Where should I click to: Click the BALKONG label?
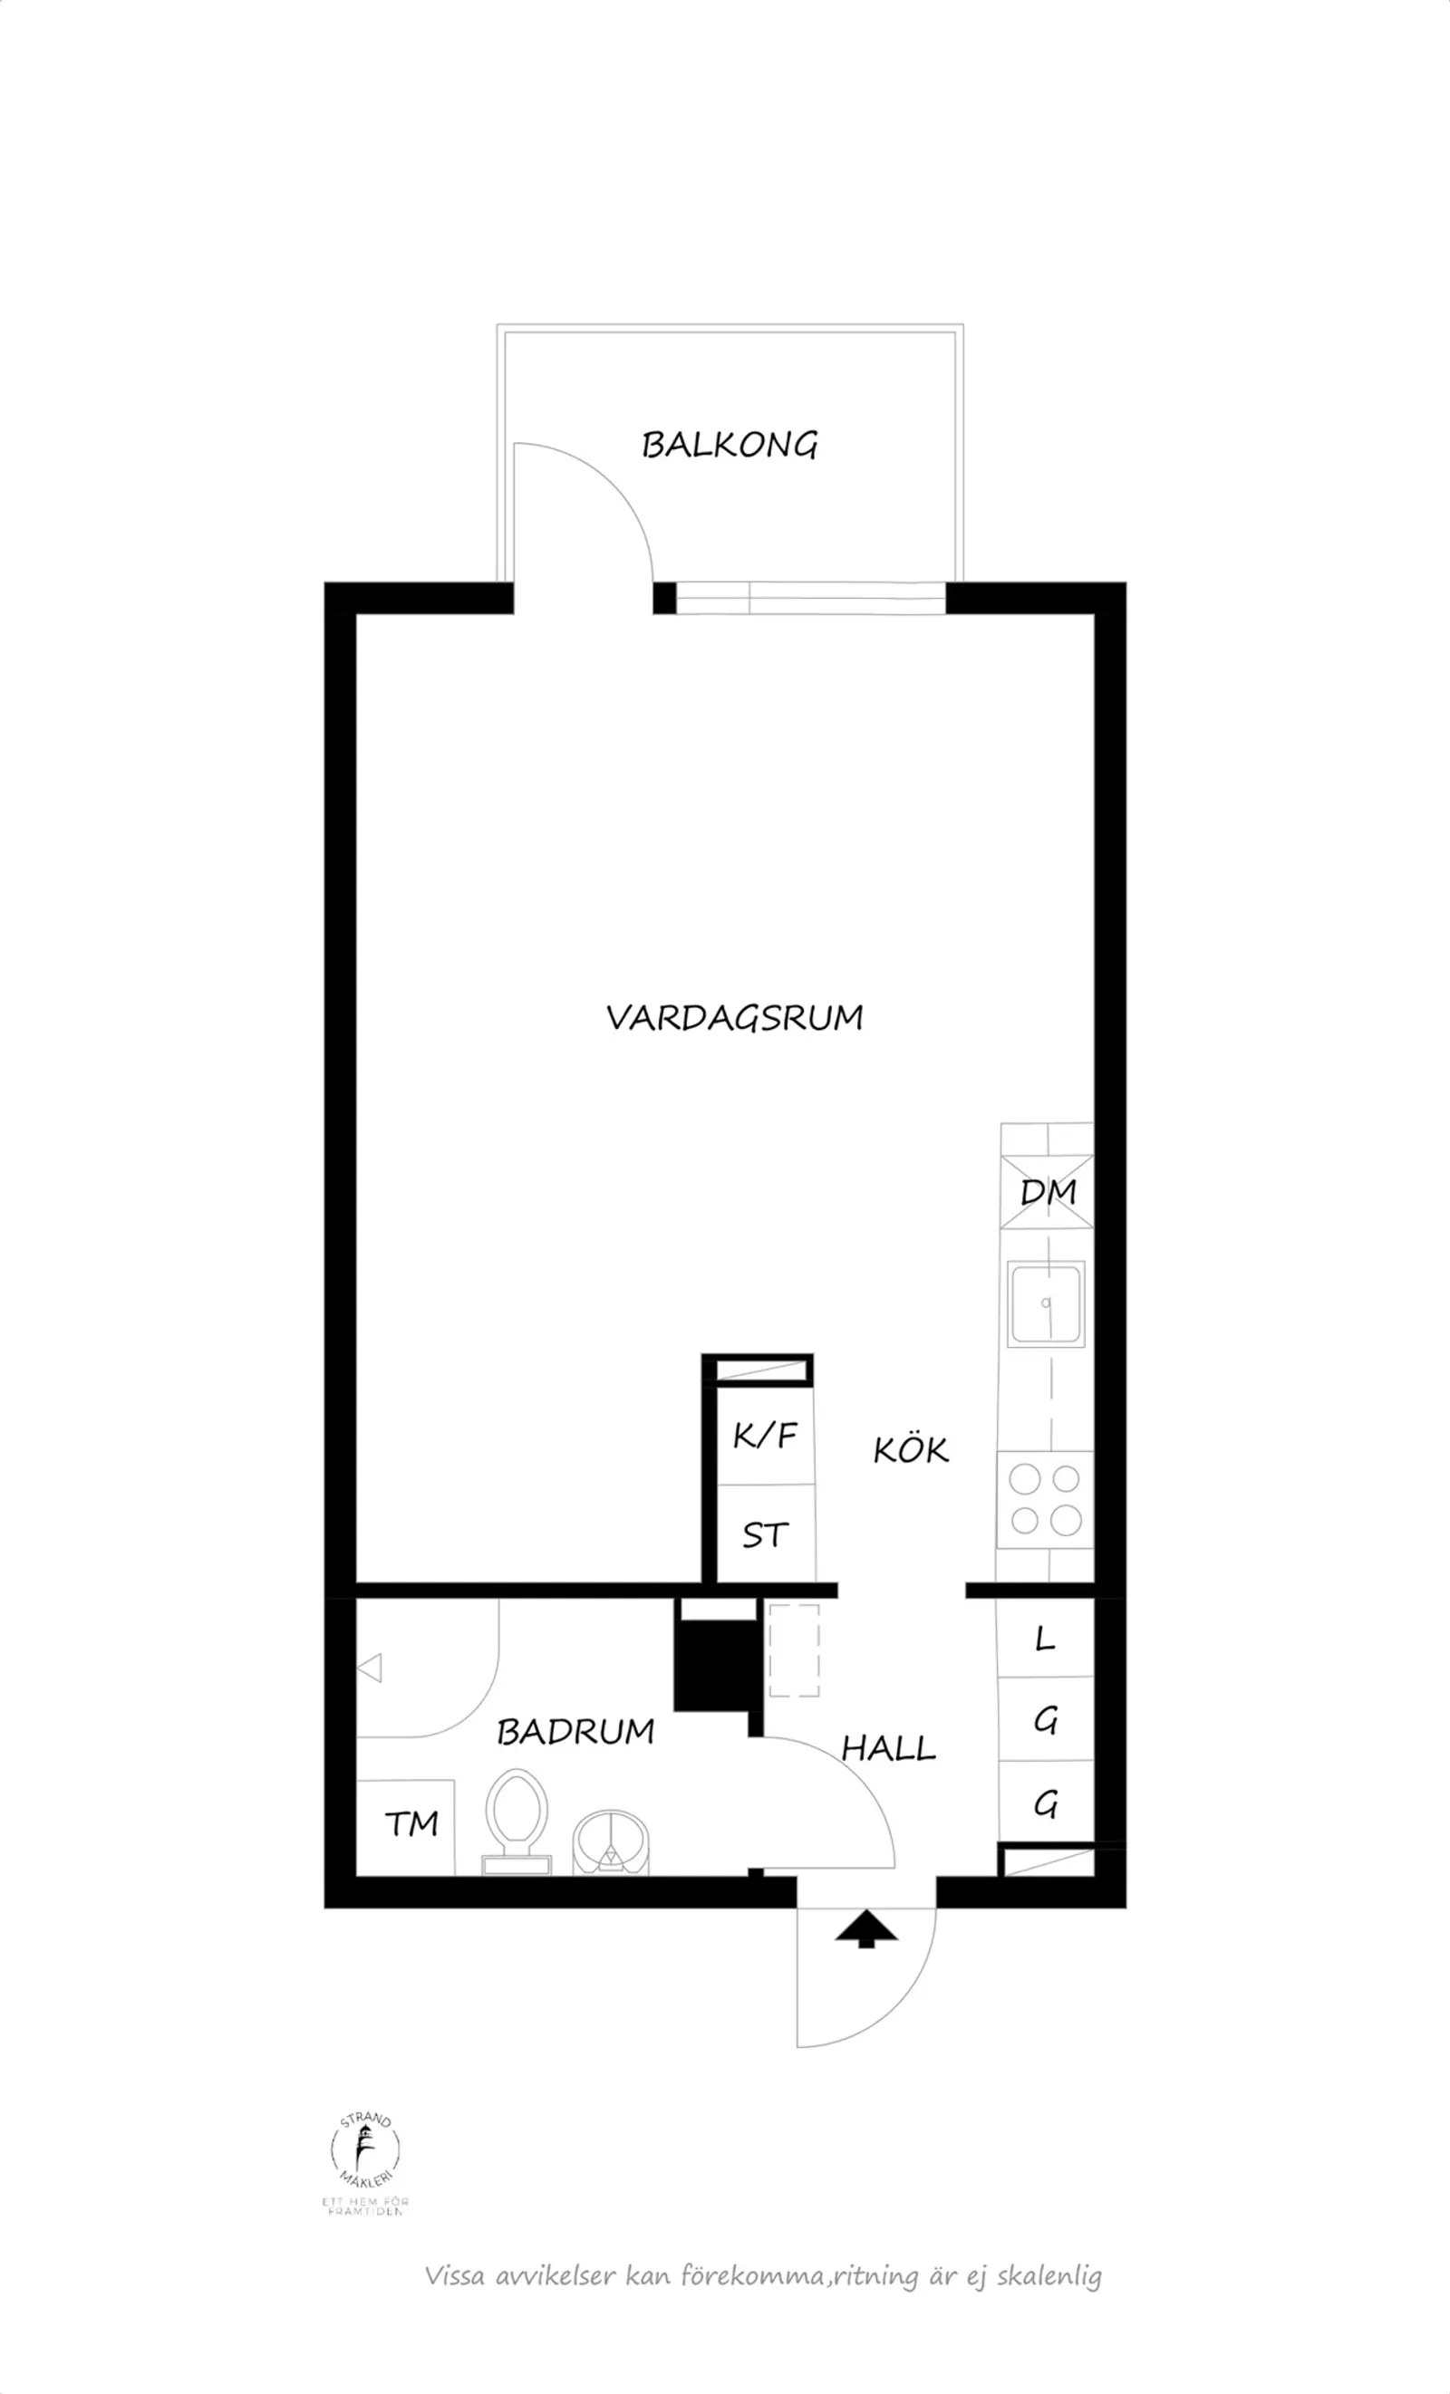point(730,445)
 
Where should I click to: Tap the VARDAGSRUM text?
point(735,1018)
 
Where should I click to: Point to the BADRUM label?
point(575,1731)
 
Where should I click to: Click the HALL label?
point(888,1749)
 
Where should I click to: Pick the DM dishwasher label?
point(1048,1192)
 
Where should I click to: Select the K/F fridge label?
point(765,1435)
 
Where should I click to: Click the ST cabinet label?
point(765,1536)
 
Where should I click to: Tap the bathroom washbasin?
point(610,1841)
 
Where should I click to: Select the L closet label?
point(1045,1639)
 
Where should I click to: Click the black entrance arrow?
point(865,1928)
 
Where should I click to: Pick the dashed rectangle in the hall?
point(794,1649)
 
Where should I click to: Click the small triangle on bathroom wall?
point(370,1668)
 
